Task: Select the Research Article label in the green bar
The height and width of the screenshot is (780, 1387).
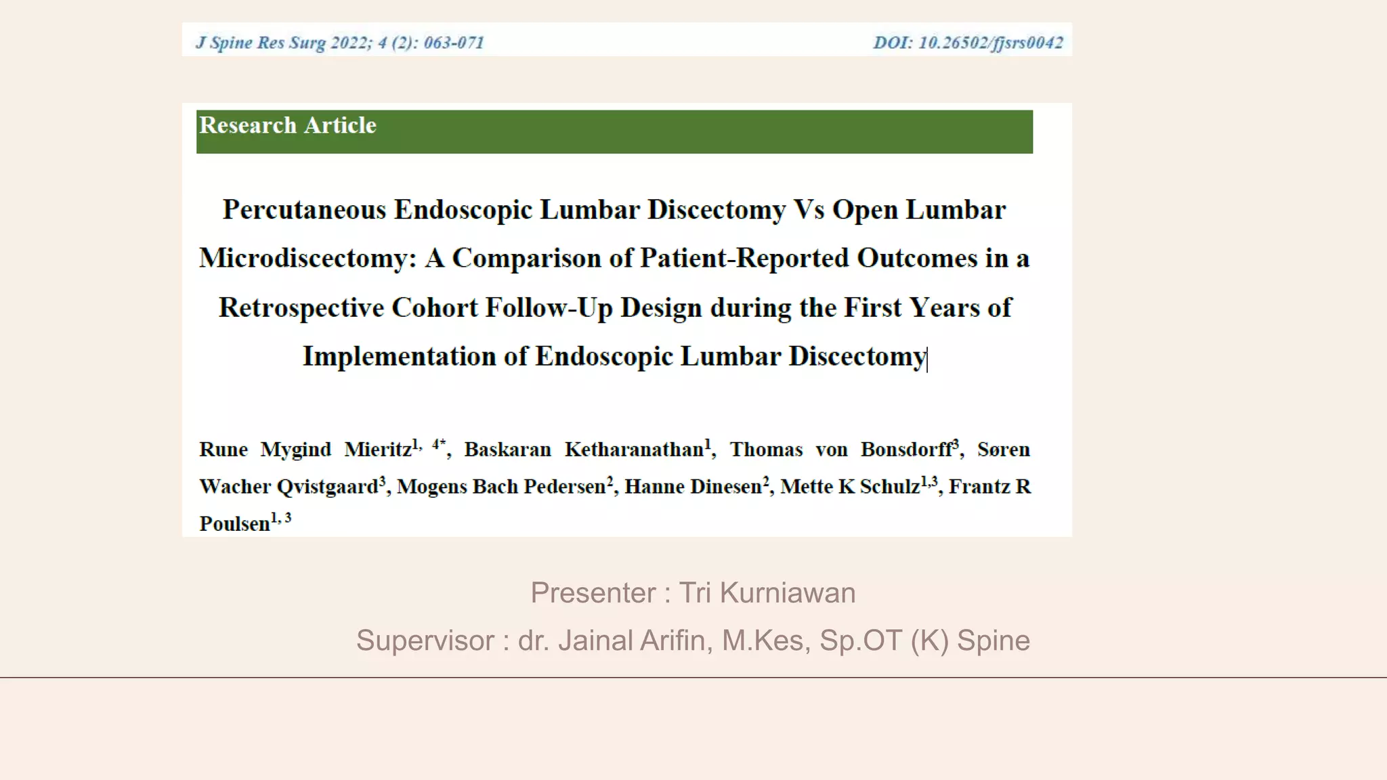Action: (288, 125)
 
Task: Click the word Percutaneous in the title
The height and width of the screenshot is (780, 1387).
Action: (304, 210)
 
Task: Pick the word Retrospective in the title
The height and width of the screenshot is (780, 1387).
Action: (301, 308)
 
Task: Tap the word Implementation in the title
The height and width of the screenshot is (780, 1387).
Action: (399, 357)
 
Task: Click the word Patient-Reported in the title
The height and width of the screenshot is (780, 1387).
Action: (745, 259)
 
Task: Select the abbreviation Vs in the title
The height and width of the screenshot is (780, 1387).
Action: (809, 210)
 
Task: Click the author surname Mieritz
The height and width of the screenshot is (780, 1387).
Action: (378, 450)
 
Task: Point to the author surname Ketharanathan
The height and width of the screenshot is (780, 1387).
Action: (635, 450)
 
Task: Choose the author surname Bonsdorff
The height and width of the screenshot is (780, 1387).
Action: (906, 450)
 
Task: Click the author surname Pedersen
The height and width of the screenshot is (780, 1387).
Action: (564, 487)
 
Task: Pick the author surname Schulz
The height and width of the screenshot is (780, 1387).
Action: (890, 487)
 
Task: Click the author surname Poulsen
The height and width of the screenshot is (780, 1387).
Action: (234, 524)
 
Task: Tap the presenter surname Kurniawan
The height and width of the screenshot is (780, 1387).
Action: (788, 593)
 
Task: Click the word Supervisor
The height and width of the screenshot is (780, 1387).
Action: (425, 641)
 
